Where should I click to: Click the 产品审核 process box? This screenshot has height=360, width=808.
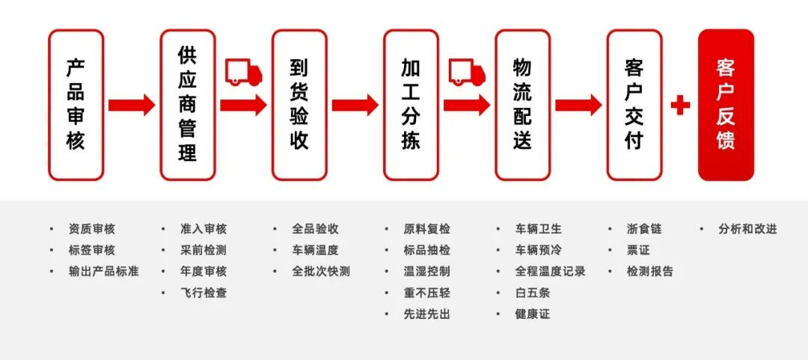click(x=76, y=105)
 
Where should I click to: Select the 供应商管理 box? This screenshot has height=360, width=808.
click(x=188, y=105)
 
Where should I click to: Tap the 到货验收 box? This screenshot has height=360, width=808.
click(x=299, y=105)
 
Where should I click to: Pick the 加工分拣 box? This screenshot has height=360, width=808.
click(x=411, y=105)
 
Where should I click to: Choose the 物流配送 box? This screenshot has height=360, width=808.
click(x=522, y=105)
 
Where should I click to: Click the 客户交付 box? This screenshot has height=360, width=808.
click(x=634, y=105)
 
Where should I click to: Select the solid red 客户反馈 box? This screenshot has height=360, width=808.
click(x=726, y=105)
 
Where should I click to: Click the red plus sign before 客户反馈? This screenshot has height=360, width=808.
click(x=680, y=105)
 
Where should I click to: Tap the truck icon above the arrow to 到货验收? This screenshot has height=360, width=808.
click(x=244, y=73)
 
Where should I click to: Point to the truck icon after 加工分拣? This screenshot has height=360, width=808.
click(x=467, y=73)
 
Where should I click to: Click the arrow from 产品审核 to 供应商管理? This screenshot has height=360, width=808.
click(x=132, y=105)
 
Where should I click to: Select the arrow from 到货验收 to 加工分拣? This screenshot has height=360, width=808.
click(x=355, y=105)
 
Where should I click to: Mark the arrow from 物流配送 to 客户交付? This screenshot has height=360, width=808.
click(x=578, y=105)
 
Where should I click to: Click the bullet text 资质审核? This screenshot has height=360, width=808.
click(x=92, y=229)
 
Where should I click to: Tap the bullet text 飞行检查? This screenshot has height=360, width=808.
click(x=203, y=293)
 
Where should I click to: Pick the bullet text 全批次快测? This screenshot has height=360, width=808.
click(x=321, y=272)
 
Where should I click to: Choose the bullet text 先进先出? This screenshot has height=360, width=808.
click(x=426, y=314)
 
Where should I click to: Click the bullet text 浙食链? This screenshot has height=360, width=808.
click(x=644, y=229)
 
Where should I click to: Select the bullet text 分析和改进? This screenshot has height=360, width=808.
click(x=747, y=229)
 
